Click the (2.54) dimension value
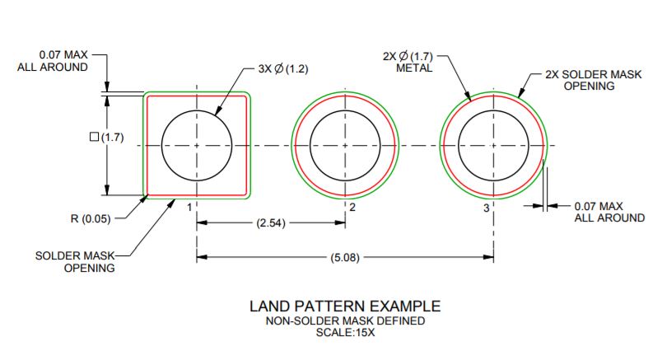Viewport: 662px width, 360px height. pyautogui.click(x=271, y=222)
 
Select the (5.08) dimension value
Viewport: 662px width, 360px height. pyautogui.click(x=345, y=257)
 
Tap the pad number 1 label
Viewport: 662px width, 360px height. pyautogui.click(x=189, y=207)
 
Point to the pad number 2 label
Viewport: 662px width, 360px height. pyautogui.click(x=352, y=207)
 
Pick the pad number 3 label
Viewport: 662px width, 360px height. pyautogui.click(x=487, y=208)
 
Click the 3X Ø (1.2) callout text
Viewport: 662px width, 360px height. pyautogui.click(x=283, y=69)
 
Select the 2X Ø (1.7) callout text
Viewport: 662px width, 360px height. pyautogui.click(x=408, y=56)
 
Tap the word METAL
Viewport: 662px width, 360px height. pyautogui.click(x=414, y=68)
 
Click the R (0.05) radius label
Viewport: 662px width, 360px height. pyautogui.click(x=91, y=219)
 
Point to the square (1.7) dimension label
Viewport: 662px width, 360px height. pyautogui.click(x=107, y=138)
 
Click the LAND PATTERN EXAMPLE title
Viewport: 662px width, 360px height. pyautogui.click(x=345, y=306)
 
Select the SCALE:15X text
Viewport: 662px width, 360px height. pyautogui.click(x=345, y=333)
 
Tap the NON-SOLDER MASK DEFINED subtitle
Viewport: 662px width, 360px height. pyautogui.click(x=345, y=320)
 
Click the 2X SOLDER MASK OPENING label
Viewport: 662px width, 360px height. pyautogui.click(x=593, y=80)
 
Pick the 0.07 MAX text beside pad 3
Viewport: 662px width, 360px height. pyautogui.click(x=599, y=206)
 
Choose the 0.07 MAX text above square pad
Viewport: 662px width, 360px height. pyautogui.click(x=63, y=55)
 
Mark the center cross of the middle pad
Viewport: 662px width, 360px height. pyautogui.click(x=345, y=145)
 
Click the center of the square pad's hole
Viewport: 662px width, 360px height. pyautogui.click(x=197, y=145)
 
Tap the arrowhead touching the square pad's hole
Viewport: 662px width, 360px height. pyautogui.click(x=218, y=111)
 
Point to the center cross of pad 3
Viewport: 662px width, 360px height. pyautogui.click(x=493, y=145)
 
